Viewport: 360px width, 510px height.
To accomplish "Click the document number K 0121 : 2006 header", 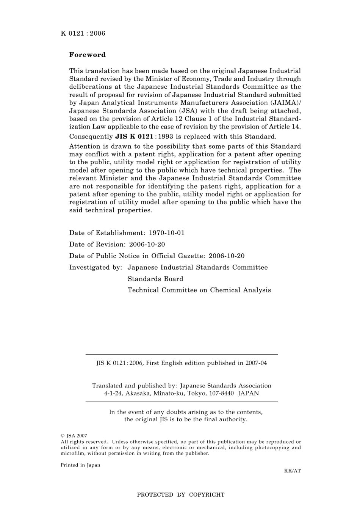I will pos(83,33).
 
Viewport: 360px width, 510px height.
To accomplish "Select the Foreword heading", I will pos(88,55).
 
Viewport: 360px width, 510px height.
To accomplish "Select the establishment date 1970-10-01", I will pos(167,233).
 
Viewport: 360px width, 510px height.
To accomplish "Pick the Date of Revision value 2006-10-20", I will pos(147,244).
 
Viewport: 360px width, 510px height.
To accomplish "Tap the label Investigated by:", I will pos(95,267).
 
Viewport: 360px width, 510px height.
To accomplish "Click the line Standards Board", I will pos(155,279).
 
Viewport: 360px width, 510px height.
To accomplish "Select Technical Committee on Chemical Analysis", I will pos(199,290).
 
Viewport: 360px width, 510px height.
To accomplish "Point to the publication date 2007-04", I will pos(256,363).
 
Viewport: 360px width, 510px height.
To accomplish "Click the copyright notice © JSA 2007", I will pos(74,436).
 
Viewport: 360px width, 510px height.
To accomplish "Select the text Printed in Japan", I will pos(80,465).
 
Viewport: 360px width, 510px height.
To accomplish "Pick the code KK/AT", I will pos(293,471).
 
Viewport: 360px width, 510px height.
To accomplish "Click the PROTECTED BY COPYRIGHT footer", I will pos(181,494).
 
